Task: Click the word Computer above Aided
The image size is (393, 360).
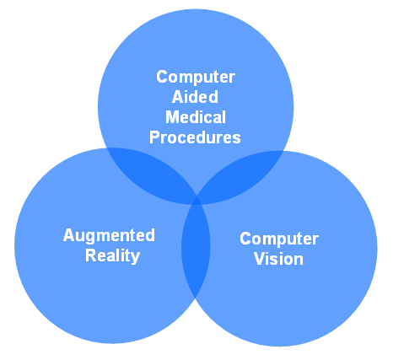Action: pyautogui.click(x=196, y=77)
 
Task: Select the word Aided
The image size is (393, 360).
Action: pyautogui.click(x=195, y=97)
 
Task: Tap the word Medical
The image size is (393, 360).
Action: pyautogui.click(x=196, y=117)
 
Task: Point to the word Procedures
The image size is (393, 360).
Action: pyautogui.click(x=195, y=137)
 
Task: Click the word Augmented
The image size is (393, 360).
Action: pyautogui.click(x=109, y=235)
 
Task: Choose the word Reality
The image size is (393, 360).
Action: pyautogui.click(x=112, y=256)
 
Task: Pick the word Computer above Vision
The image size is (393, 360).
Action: pyautogui.click(x=279, y=239)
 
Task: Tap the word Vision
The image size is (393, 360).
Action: pyautogui.click(x=278, y=259)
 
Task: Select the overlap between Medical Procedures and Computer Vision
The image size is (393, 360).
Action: pyautogui.click(x=242, y=175)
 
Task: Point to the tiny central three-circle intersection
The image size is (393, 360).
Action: pyautogui.click(x=196, y=201)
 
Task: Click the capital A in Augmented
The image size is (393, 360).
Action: pyautogui.click(x=69, y=235)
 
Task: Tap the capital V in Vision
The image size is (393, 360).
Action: pyautogui.click(x=260, y=259)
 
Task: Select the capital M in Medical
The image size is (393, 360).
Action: pyautogui.click(x=172, y=117)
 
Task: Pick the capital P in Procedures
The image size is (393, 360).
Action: pyautogui.click(x=154, y=137)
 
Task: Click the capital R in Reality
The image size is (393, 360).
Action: pyautogui.click(x=91, y=255)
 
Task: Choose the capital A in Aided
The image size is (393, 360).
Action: pyautogui.click(x=178, y=97)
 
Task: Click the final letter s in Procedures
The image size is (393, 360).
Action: pyautogui.click(x=237, y=139)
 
